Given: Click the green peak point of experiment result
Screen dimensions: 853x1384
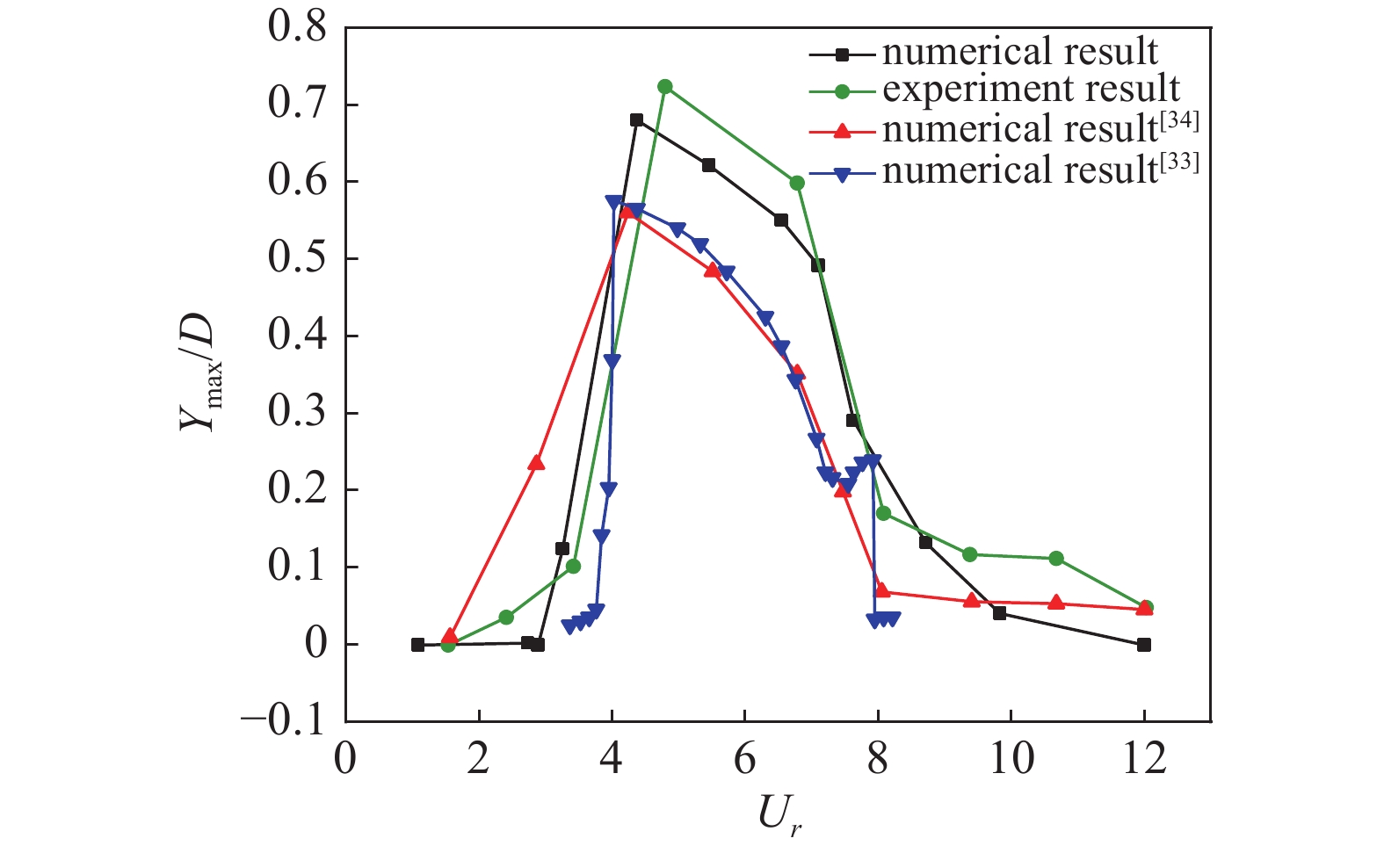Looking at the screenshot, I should (x=665, y=87).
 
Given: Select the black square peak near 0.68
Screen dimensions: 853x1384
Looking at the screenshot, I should (x=636, y=120).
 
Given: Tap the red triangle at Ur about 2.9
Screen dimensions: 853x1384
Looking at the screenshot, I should (x=536, y=463).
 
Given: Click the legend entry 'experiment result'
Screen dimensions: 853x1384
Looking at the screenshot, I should (x=1031, y=90).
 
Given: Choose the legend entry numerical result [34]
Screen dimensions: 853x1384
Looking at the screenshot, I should (x=1040, y=129).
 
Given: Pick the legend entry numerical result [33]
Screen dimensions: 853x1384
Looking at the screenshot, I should (x=1040, y=170).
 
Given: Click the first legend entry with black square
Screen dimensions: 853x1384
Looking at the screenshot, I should (x=1019, y=53).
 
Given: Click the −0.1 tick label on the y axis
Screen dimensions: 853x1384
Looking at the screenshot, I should (x=284, y=721).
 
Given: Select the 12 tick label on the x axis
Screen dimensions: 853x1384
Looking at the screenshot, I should (x=1143, y=757).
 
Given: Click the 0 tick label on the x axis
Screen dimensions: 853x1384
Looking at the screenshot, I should (x=345, y=757).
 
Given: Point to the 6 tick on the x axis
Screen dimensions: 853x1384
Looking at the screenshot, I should (x=745, y=757).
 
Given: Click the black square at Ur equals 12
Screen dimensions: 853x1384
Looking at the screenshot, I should (x=1143, y=645).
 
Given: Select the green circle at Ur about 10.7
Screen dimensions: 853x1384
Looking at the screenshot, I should (x=1056, y=559).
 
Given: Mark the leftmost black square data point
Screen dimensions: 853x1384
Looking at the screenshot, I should (x=417, y=645).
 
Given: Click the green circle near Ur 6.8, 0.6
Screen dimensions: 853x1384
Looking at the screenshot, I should (x=797, y=183).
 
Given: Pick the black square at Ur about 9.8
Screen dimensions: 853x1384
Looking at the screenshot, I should (x=999, y=613).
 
